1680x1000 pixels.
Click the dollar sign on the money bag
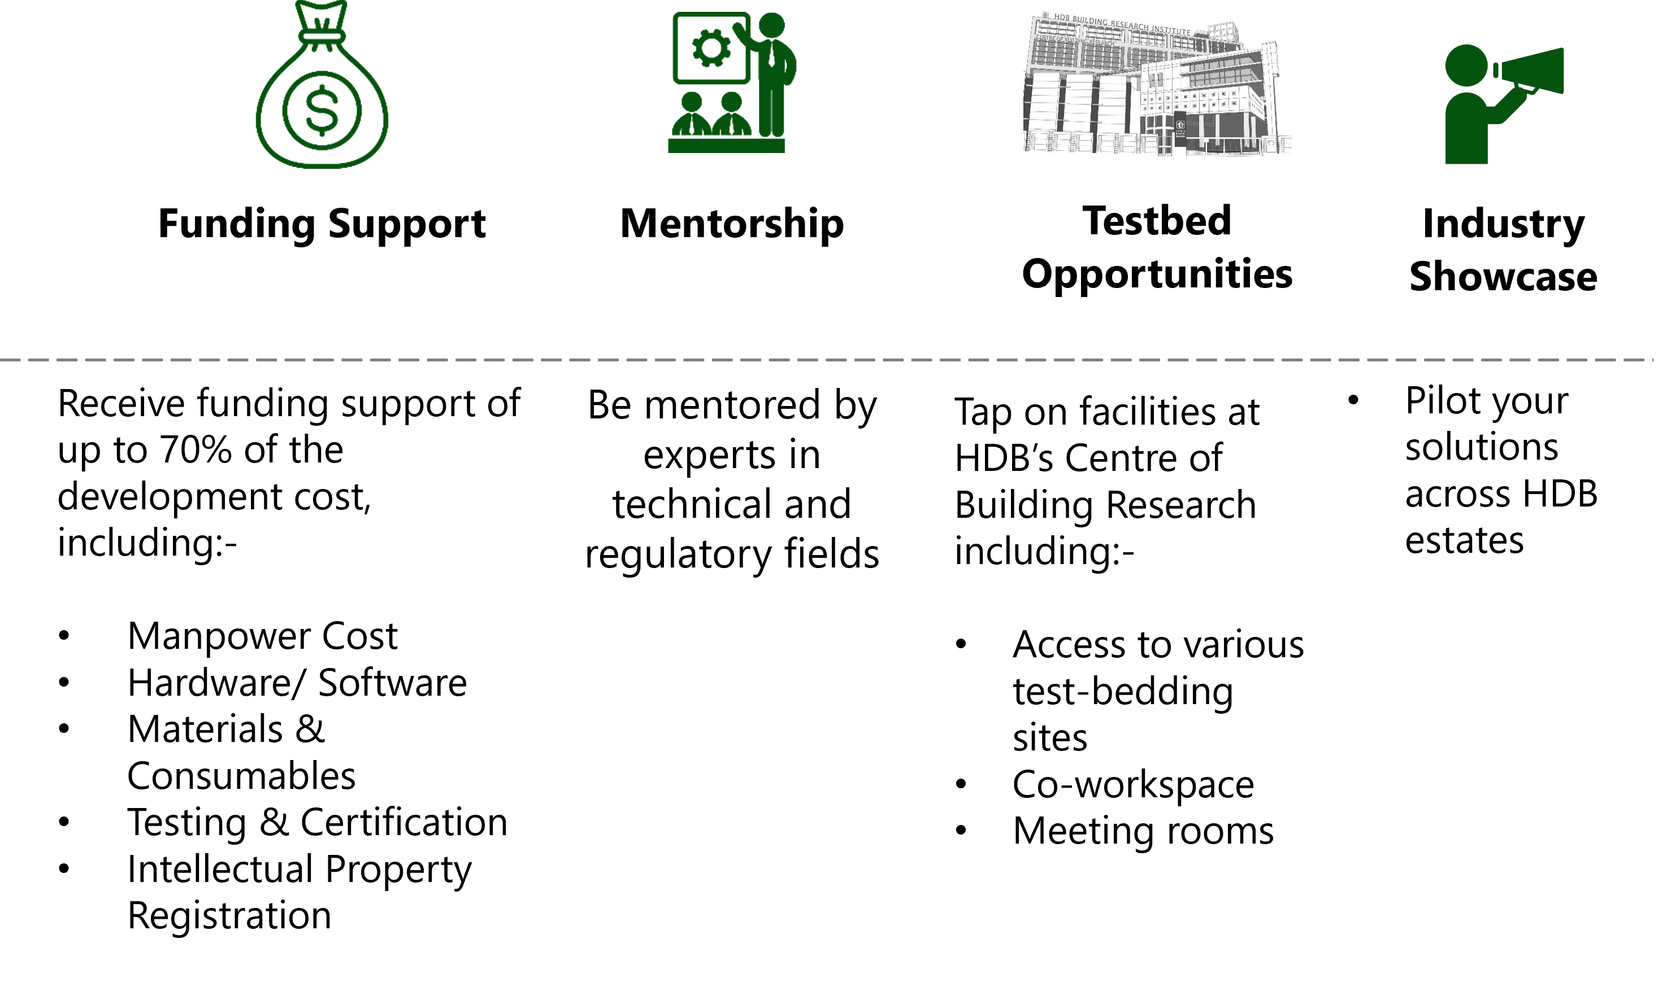point(322,110)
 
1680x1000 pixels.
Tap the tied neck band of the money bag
point(322,36)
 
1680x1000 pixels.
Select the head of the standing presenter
point(771,25)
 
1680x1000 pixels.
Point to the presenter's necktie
point(771,54)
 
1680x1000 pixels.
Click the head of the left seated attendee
point(692,101)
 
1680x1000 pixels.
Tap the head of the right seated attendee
point(731,101)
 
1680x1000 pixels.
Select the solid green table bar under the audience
point(726,146)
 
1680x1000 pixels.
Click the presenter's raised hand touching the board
point(737,28)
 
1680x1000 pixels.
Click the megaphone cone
point(1534,71)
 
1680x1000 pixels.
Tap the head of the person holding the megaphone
point(1466,65)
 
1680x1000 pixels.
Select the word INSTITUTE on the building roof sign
point(1170,30)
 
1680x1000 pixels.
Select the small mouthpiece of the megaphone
point(1496,70)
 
